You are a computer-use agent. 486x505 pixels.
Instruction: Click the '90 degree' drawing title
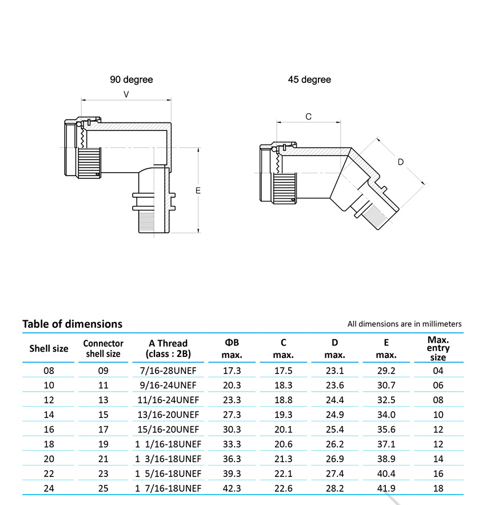pyautogui.click(x=132, y=80)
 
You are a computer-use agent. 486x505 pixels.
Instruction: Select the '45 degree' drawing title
pyautogui.click(x=309, y=80)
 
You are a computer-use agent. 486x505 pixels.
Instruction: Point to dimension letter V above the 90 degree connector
pyautogui.click(x=126, y=94)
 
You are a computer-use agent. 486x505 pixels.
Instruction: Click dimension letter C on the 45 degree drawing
pyautogui.click(x=308, y=117)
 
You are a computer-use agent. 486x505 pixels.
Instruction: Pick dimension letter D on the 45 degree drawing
pyautogui.click(x=401, y=162)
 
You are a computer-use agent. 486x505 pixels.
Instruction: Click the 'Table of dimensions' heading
pyautogui.click(x=72, y=324)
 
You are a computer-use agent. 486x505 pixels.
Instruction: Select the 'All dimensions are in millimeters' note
pyautogui.click(x=404, y=324)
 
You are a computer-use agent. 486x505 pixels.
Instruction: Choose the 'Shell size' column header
pyautogui.click(x=49, y=349)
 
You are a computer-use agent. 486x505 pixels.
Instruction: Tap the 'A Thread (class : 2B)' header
pyautogui.click(x=168, y=348)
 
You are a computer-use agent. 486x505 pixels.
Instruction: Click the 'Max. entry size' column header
pyautogui.click(x=438, y=348)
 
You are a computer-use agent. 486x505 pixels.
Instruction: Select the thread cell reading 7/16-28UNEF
pyautogui.click(x=168, y=371)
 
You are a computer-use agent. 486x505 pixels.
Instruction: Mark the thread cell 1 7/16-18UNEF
pyautogui.click(x=168, y=488)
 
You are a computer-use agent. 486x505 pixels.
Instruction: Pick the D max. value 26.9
pyautogui.click(x=334, y=459)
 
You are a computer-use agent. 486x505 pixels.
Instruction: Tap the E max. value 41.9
pyautogui.click(x=386, y=488)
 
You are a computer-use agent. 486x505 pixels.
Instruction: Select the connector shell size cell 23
pyautogui.click(x=103, y=474)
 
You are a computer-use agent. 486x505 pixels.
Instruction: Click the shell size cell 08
pyautogui.click(x=49, y=371)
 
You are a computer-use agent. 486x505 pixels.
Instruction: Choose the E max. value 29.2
pyautogui.click(x=386, y=371)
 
